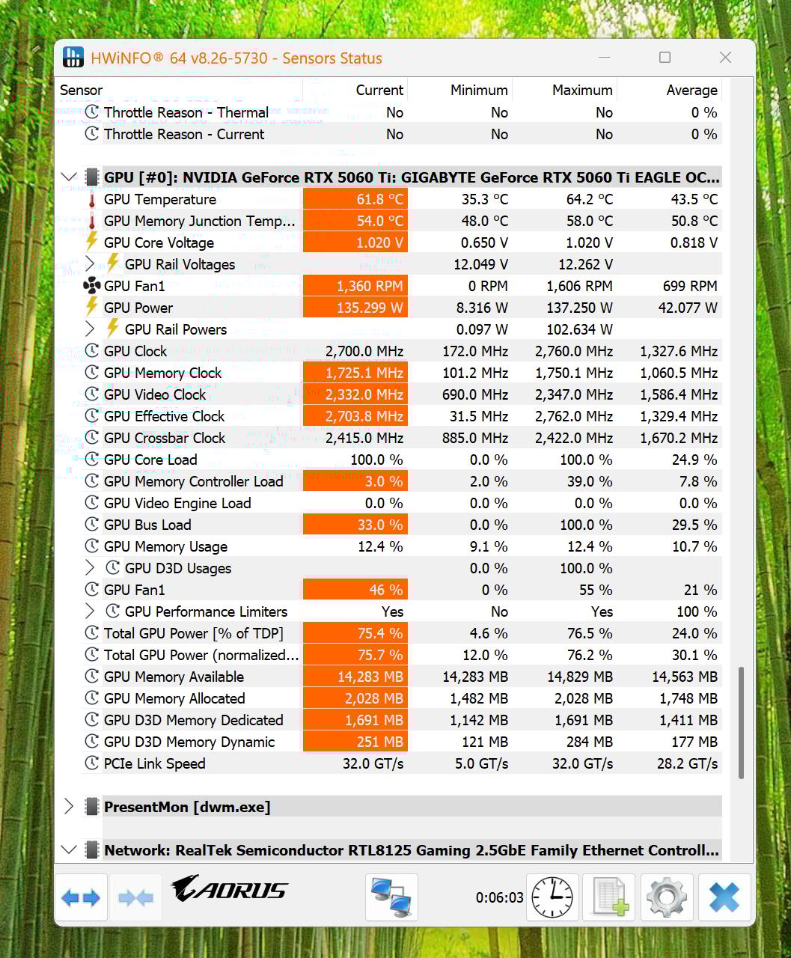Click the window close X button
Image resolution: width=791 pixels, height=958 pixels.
[725, 58]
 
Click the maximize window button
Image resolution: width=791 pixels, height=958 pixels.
[665, 58]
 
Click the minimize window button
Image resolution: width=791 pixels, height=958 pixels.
[605, 58]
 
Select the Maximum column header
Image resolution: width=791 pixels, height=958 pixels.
[581, 91]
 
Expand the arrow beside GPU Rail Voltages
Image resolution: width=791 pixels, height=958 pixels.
[90, 264]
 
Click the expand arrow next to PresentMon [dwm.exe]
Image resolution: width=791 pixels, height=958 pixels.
[69, 807]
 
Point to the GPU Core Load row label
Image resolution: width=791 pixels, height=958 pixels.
[150, 460]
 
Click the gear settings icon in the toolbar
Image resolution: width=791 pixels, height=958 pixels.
[666, 897]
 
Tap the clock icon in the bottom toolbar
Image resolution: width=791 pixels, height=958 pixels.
[552, 897]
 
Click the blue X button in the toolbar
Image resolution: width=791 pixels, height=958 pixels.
[724, 897]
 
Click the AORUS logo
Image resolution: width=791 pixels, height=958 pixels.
[230, 889]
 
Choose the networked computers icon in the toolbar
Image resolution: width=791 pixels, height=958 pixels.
[391, 897]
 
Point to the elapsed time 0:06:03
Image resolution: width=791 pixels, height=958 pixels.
[499, 897]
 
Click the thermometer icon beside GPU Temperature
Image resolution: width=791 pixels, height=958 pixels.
[91, 200]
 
